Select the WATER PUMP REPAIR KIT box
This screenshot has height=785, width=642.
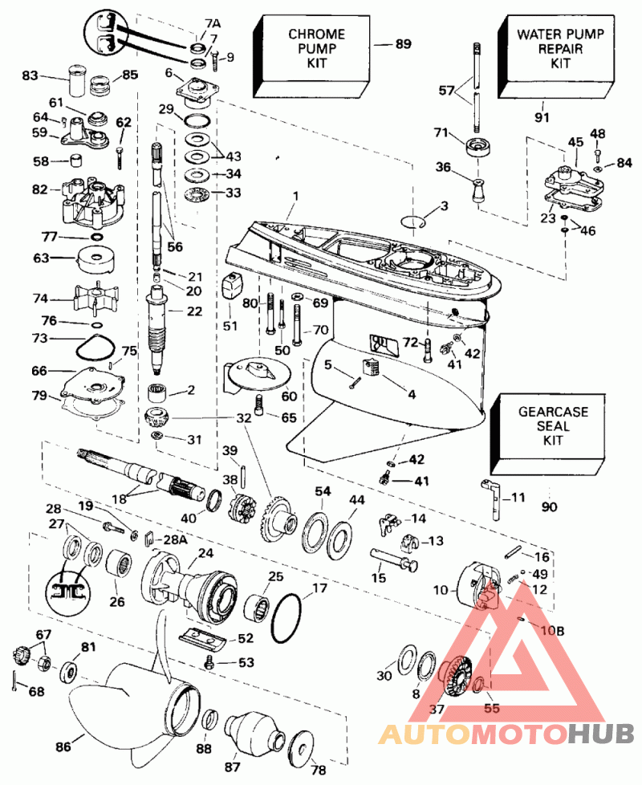click(x=559, y=49)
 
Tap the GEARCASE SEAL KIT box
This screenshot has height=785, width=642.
click(x=552, y=427)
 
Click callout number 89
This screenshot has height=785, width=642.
click(x=402, y=45)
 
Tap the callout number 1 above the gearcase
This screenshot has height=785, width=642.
click(x=295, y=195)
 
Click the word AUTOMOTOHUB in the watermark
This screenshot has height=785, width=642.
click(x=506, y=732)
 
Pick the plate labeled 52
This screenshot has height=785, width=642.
click(x=213, y=639)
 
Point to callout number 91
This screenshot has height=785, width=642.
click(x=542, y=117)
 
